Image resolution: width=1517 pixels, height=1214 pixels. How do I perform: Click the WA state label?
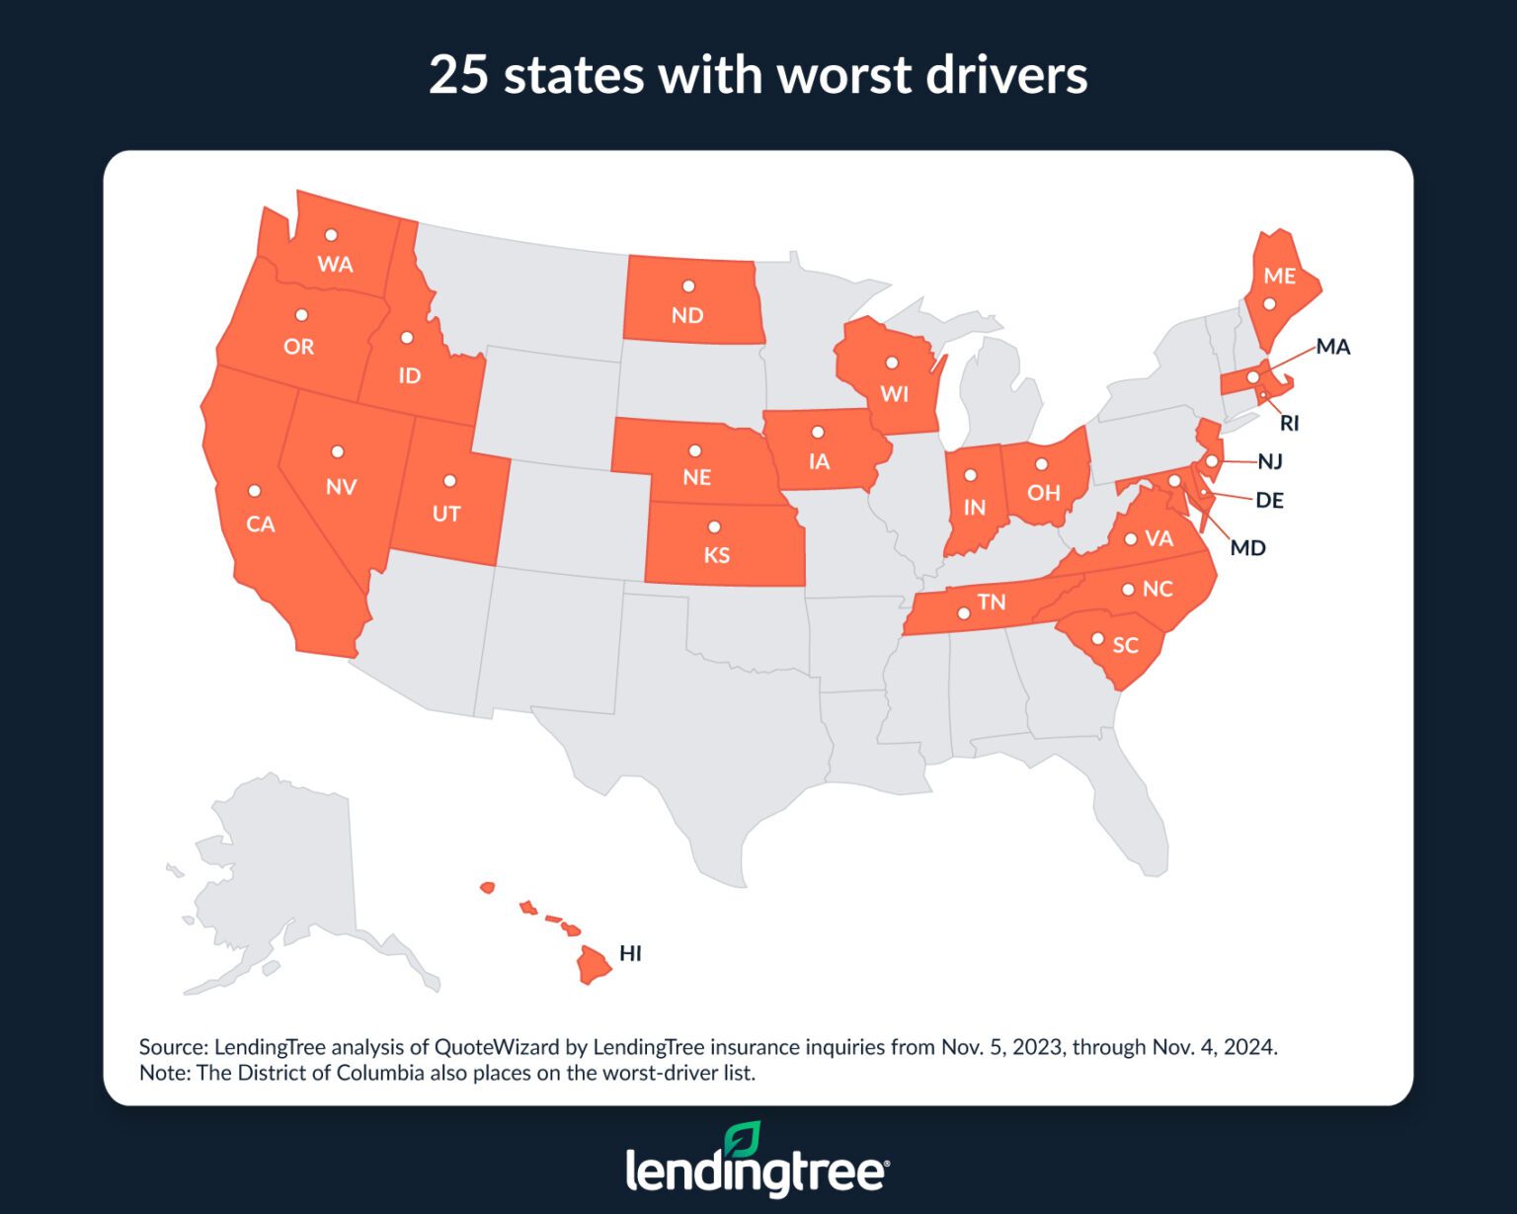335,264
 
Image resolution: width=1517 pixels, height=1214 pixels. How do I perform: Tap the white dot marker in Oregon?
302,315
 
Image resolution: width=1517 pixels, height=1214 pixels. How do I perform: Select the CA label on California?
261,525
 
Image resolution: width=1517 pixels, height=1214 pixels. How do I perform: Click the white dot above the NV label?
338,451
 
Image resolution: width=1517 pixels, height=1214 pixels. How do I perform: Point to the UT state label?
446,514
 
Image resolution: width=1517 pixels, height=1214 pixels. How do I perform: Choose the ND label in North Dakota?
687,316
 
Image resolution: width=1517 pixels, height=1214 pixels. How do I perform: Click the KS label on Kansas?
717,555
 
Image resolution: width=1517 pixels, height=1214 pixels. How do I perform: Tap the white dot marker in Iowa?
818,432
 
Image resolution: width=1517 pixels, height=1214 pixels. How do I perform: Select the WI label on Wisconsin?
894,394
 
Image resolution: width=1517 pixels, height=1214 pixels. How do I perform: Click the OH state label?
1043,492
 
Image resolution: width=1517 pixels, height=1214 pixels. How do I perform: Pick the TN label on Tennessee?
992,602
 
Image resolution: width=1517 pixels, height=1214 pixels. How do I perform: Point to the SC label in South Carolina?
1126,646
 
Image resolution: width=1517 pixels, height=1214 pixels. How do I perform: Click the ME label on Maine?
1279,276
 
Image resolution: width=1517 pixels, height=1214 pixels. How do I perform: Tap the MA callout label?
1332,347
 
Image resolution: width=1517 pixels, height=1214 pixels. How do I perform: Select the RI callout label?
1289,424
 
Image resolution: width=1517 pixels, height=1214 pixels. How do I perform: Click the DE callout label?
1269,501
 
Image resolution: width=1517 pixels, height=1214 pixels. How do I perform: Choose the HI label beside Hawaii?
630,953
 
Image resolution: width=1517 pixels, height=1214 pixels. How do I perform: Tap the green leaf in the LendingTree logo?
742,1139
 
